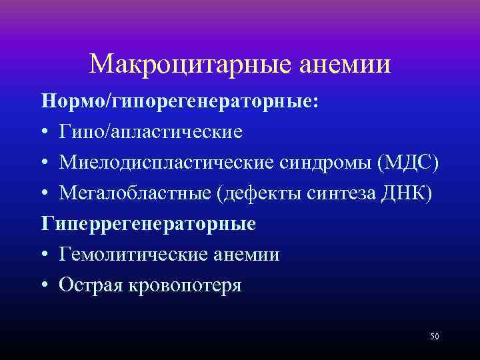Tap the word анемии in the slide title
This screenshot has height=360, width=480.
point(345,65)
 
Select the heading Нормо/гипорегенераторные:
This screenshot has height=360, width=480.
point(180,102)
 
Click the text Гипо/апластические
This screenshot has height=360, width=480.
point(151,132)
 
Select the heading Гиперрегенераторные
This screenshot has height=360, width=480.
point(148,224)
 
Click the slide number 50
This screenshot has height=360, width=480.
point(434,337)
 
